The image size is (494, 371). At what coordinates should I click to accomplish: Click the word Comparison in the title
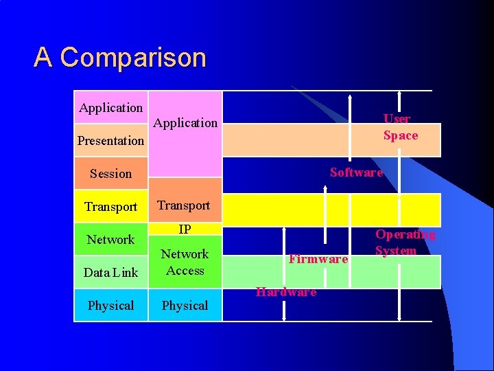tap(133, 58)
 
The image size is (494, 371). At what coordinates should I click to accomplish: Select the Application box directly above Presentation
tap(111, 108)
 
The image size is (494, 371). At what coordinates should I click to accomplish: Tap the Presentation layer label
tap(110, 141)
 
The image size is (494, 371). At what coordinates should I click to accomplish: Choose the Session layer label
tap(110, 174)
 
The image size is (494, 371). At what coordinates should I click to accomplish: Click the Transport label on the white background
tap(110, 207)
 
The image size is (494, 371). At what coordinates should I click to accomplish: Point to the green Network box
tap(110, 240)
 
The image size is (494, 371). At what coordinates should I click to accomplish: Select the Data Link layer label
tap(110, 273)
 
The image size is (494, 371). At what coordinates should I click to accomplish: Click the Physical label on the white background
tap(110, 306)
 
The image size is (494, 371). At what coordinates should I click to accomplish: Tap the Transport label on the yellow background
tap(184, 205)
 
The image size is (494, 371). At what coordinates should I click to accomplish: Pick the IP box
tap(185, 229)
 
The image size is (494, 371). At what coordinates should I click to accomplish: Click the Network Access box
tap(185, 262)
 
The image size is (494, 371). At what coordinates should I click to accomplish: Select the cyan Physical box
tap(185, 306)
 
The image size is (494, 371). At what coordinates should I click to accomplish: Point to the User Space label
tap(400, 127)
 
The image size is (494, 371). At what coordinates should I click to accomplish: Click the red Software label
tap(356, 172)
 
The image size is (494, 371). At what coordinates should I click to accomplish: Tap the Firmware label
tap(318, 259)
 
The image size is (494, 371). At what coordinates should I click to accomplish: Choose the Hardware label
tap(286, 292)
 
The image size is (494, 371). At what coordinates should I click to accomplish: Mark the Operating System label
tap(405, 243)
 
